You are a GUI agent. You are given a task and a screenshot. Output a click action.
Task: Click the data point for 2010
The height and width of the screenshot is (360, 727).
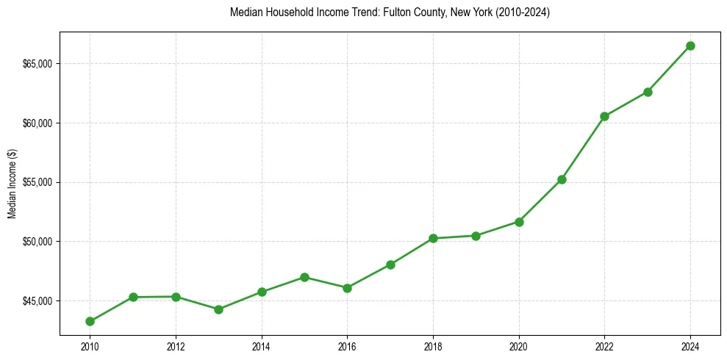coord(90,321)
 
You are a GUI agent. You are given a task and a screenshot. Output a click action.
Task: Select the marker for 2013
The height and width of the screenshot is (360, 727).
coord(218,309)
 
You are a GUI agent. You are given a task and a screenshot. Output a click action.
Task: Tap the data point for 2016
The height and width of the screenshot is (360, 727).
coord(347,288)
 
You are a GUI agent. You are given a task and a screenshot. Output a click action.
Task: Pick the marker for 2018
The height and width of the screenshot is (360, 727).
coord(433,238)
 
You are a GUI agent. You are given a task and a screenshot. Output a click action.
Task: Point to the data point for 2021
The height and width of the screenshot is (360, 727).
coord(562,179)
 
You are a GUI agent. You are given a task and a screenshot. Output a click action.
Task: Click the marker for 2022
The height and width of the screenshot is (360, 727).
coord(604,116)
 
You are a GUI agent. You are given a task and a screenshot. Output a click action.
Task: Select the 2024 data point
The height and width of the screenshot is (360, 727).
coord(690,46)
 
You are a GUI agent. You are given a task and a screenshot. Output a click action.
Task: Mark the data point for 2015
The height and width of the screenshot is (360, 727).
coord(304,277)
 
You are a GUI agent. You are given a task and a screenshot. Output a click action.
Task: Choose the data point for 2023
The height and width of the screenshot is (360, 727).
coord(648,92)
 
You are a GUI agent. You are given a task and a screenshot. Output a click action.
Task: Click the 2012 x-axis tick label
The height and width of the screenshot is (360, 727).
coord(176,346)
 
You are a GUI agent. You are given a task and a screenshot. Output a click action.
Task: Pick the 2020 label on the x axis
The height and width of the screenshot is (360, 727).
coord(519,346)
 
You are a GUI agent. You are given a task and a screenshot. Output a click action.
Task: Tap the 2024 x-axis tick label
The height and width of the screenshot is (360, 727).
coord(690,346)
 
